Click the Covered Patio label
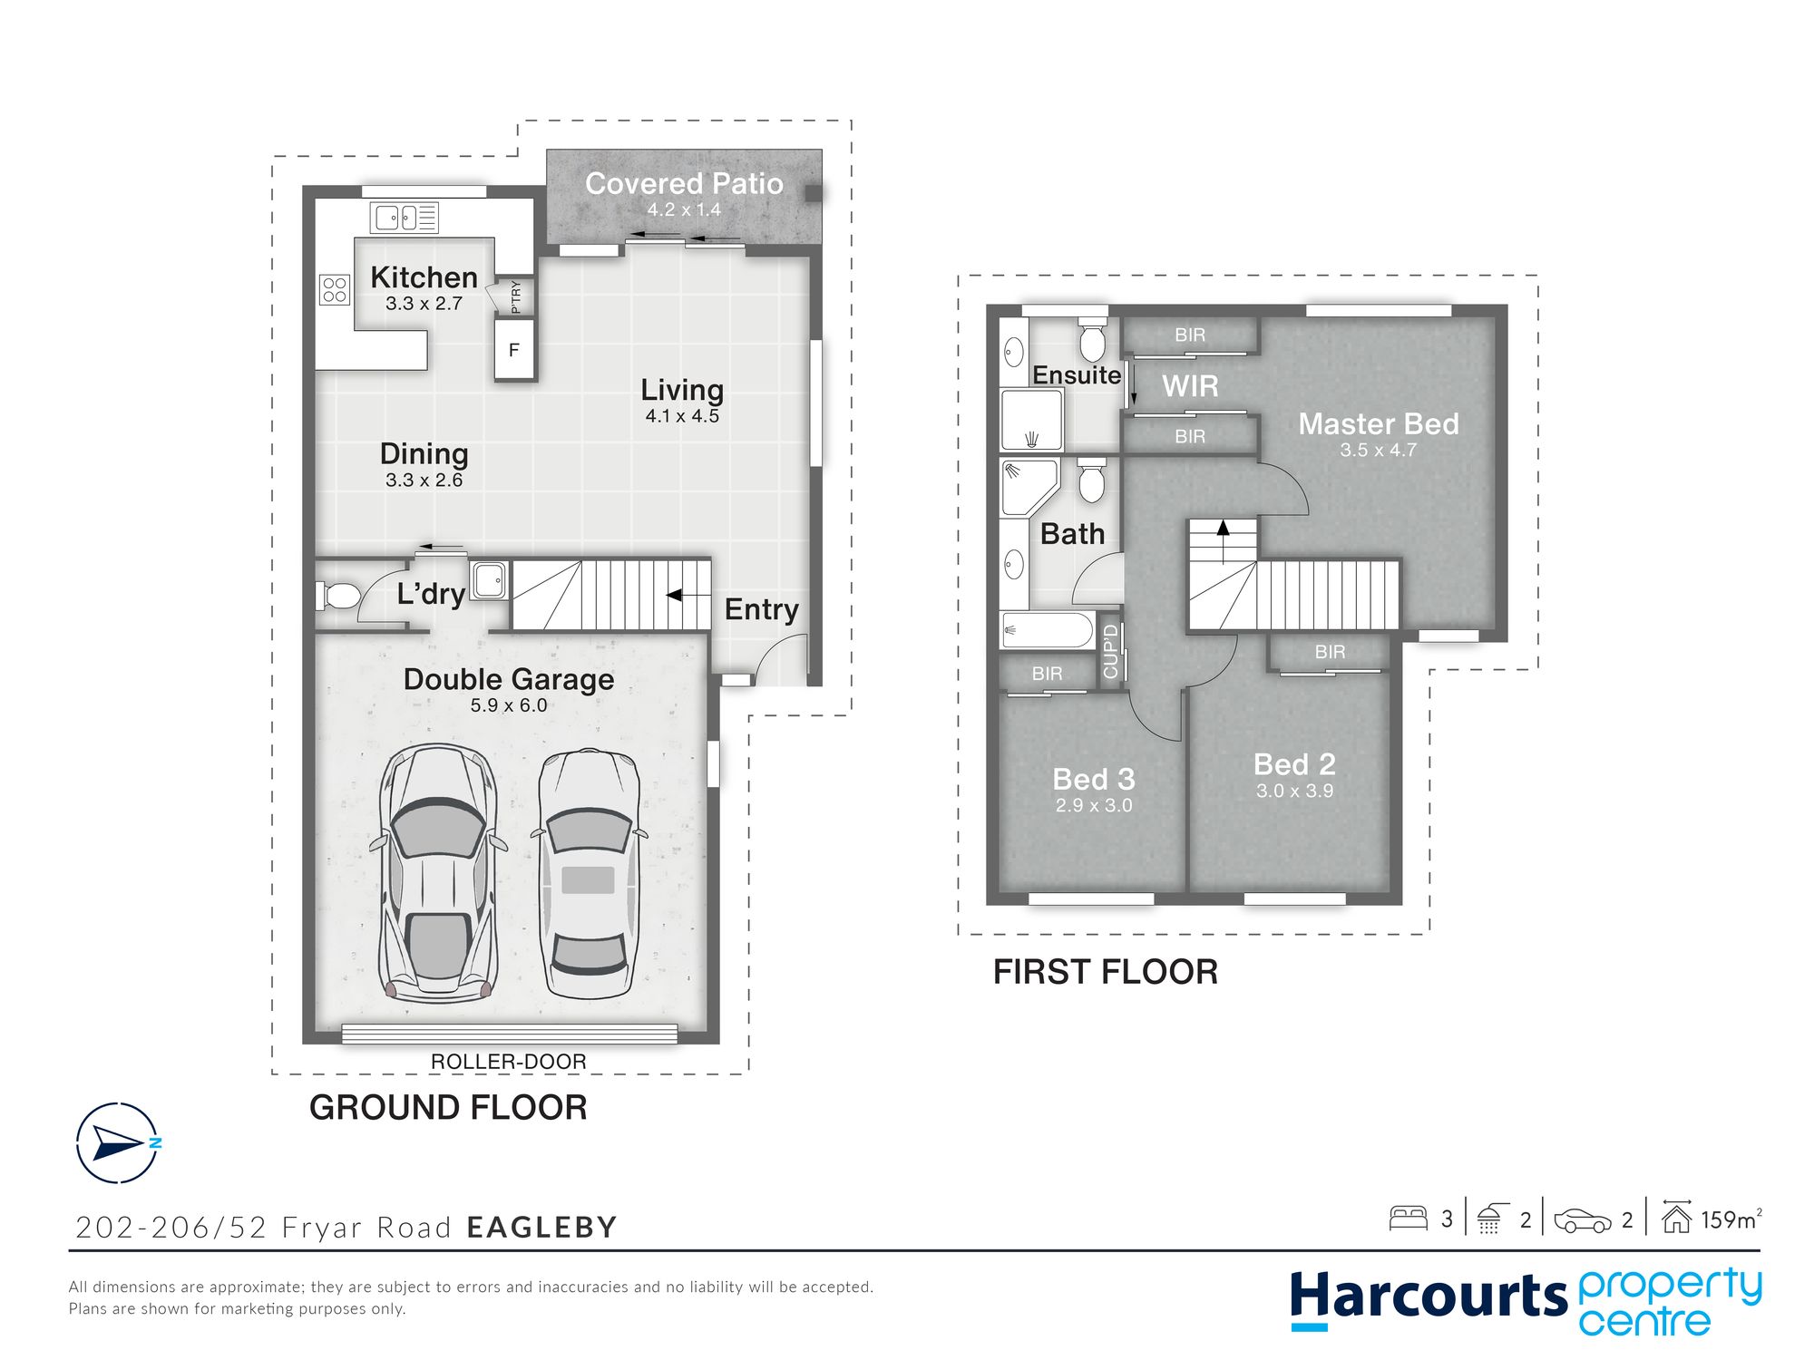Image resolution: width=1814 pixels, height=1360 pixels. pos(684,184)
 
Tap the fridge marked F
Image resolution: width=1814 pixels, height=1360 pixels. pos(514,349)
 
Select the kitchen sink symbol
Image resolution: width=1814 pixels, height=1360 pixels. pos(405,218)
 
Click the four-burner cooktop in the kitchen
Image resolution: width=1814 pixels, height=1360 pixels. pos(335,289)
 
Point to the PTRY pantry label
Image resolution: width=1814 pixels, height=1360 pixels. pos(516,296)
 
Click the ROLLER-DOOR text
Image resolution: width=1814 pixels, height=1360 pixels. pos(508,1061)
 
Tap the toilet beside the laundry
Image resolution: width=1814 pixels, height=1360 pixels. pos(337,596)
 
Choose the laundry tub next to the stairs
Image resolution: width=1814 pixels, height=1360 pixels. pos(489,580)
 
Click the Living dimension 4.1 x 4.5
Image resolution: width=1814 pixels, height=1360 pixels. pos(682,416)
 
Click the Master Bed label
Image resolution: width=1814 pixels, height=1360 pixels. pos(1379,423)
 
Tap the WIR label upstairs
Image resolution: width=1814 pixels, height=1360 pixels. pos(1190,386)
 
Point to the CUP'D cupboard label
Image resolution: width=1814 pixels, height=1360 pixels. pos(1111,651)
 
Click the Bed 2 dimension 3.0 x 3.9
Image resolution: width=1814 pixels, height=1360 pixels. pos(1294,791)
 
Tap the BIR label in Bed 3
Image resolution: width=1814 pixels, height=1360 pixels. pos(1047,674)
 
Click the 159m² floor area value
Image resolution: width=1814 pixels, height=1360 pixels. pos(1731,1219)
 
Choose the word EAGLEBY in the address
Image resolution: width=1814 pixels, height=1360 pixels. pos(541,1227)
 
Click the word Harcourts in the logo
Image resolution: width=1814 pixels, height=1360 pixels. pos(1429,1297)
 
